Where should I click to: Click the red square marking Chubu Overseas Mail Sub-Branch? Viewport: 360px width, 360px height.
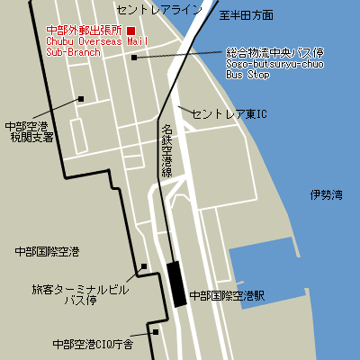coord(131,31)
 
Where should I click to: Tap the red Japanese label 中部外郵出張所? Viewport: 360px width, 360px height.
coord(84,30)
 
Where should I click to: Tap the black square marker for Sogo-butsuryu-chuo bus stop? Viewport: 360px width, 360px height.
coord(134,58)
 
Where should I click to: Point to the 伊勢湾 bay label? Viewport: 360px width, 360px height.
coord(326,194)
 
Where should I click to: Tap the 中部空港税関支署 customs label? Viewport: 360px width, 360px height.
coord(28,132)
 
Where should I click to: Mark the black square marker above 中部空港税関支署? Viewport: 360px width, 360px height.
coord(81,99)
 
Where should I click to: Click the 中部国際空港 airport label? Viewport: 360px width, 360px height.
coord(48,250)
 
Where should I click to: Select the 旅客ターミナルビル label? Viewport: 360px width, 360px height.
coord(81,290)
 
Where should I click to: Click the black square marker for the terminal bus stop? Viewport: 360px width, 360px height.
coord(143,267)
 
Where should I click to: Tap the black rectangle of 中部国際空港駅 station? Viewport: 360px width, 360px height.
coord(176,283)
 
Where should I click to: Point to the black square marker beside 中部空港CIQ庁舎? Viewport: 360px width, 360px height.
coord(155,331)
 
